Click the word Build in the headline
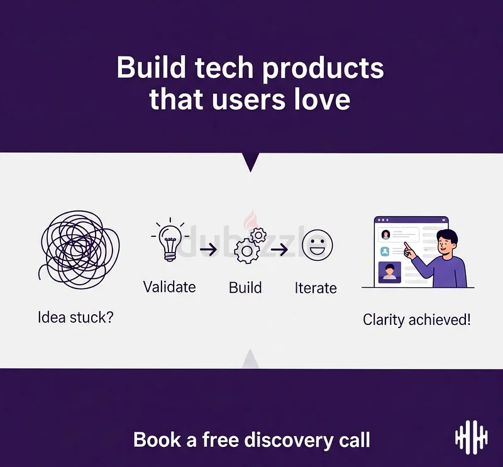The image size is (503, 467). point(151,67)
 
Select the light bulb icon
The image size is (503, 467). point(170,239)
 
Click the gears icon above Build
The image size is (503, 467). point(250,245)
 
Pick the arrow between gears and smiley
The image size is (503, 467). point(279,250)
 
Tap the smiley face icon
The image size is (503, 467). point(318,245)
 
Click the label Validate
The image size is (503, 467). point(169,287)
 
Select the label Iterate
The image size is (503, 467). point(316,288)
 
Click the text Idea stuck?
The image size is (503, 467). point(75,317)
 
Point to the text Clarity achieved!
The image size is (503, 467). point(417,320)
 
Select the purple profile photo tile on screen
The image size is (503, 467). point(389,272)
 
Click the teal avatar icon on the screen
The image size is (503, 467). point(385,251)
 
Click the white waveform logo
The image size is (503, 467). point(471,437)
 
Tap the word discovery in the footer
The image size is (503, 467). point(289,440)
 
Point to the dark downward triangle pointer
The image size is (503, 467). point(250,162)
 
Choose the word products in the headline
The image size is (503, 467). point(323,69)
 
